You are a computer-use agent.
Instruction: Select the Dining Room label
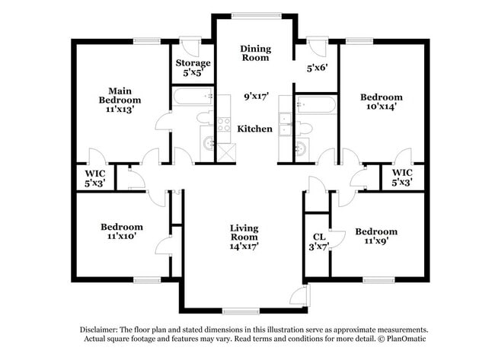click(256, 53)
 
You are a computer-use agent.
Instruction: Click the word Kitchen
click(254, 129)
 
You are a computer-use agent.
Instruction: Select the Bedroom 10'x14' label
click(381, 102)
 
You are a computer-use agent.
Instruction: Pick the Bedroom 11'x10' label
click(122, 232)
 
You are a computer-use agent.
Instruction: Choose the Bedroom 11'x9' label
click(375, 237)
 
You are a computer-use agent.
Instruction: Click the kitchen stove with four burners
click(224, 125)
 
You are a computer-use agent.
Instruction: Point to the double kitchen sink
click(284, 123)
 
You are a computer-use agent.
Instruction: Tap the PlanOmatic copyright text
click(396, 337)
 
